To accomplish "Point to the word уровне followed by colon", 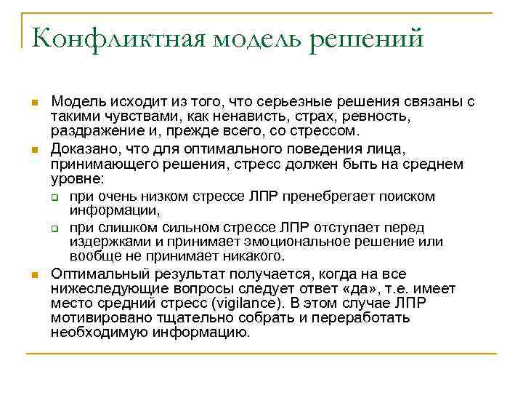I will pyautogui.click(x=77, y=178).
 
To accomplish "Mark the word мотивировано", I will pyautogui.click(x=94, y=318).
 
